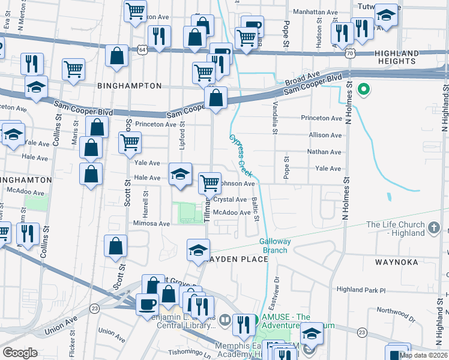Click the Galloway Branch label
275,245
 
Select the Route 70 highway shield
349,54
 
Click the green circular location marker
363,91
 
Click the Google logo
20,352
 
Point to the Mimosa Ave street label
151,223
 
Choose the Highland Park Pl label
360,290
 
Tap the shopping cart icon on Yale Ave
130,143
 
